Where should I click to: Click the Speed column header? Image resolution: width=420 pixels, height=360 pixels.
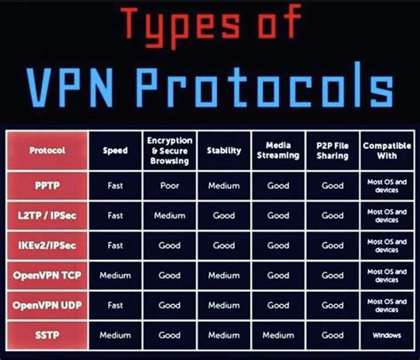click(x=114, y=150)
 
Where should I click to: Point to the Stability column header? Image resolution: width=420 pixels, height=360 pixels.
click(x=223, y=150)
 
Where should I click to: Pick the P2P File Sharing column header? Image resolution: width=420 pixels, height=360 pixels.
click(x=332, y=150)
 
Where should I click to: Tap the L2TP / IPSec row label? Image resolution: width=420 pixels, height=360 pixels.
click(x=47, y=215)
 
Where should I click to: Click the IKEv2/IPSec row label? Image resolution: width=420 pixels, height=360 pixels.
click(x=47, y=245)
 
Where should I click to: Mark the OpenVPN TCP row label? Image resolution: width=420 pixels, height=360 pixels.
click(x=47, y=274)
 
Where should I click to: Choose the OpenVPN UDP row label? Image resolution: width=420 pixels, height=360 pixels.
click(x=47, y=305)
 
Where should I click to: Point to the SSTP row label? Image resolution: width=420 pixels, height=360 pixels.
click(x=47, y=334)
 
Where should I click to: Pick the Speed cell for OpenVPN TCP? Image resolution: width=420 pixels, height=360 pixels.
click(x=114, y=275)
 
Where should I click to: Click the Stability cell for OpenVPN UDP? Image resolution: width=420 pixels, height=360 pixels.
click(x=223, y=305)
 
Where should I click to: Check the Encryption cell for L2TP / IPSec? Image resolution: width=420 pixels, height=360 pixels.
click(x=169, y=215)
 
